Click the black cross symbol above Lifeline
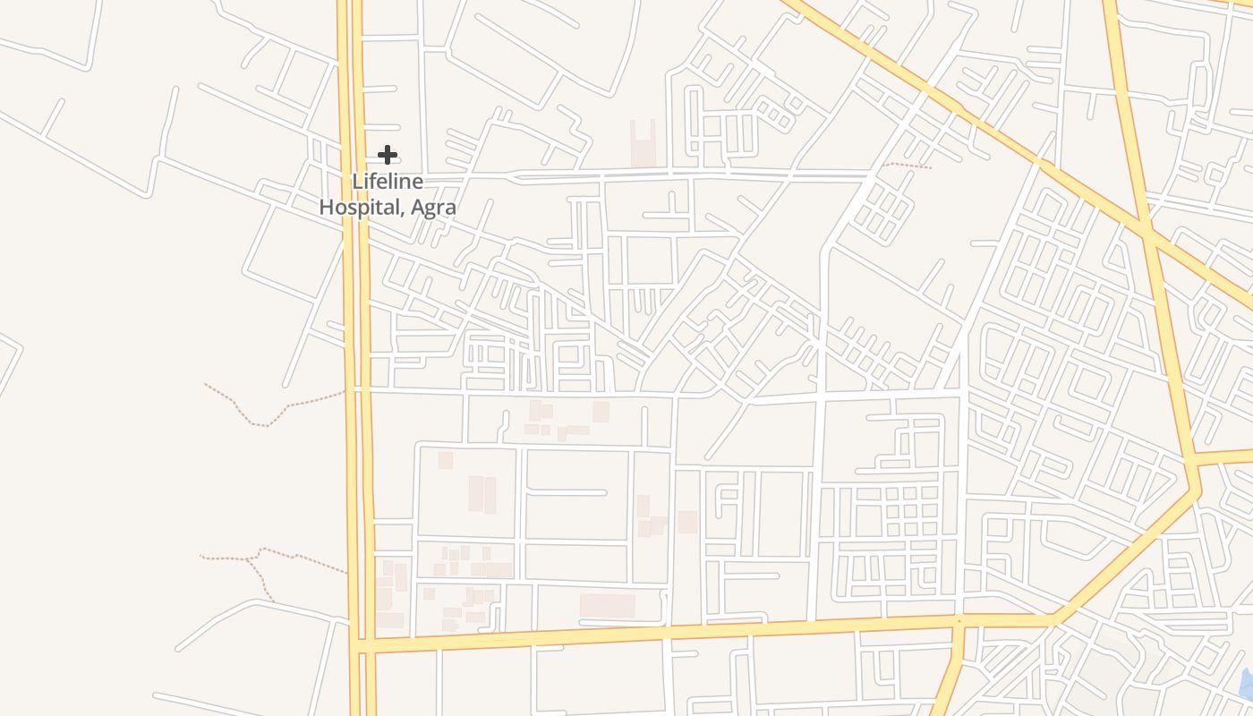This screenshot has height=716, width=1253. [x=387, y=155]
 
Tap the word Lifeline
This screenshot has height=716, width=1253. [x=387, y=181]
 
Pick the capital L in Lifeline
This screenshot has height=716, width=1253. [x=356, y=181]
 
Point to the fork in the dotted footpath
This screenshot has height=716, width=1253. [x=260, y=556]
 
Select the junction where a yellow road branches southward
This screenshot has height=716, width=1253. [x=959, y=622]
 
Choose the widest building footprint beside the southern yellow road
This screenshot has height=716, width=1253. [x=607, y=606]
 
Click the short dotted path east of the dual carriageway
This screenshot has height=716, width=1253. [x=906, y=165]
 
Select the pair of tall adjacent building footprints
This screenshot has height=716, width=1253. [x=482, y=494]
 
